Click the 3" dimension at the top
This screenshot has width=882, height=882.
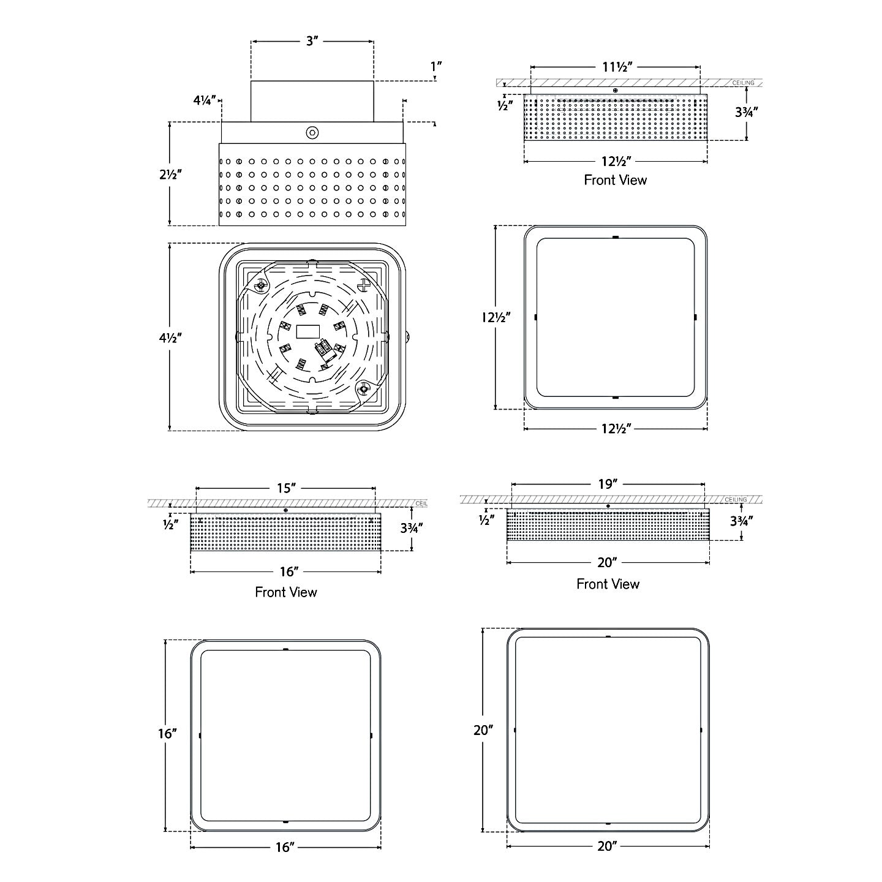(312, 41)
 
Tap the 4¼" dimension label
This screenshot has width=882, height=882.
(205, 100)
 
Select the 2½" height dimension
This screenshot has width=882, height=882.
(171, 175)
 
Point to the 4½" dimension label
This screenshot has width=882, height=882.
(171, 337)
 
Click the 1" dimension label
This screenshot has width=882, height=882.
(435, 67)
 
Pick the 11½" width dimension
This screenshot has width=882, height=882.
(617, 67)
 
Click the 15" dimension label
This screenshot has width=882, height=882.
(287, 488)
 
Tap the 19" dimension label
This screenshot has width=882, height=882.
(608, 484)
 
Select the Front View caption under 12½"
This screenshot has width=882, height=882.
(615, 180)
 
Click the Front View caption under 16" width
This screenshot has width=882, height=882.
(286, 592)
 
